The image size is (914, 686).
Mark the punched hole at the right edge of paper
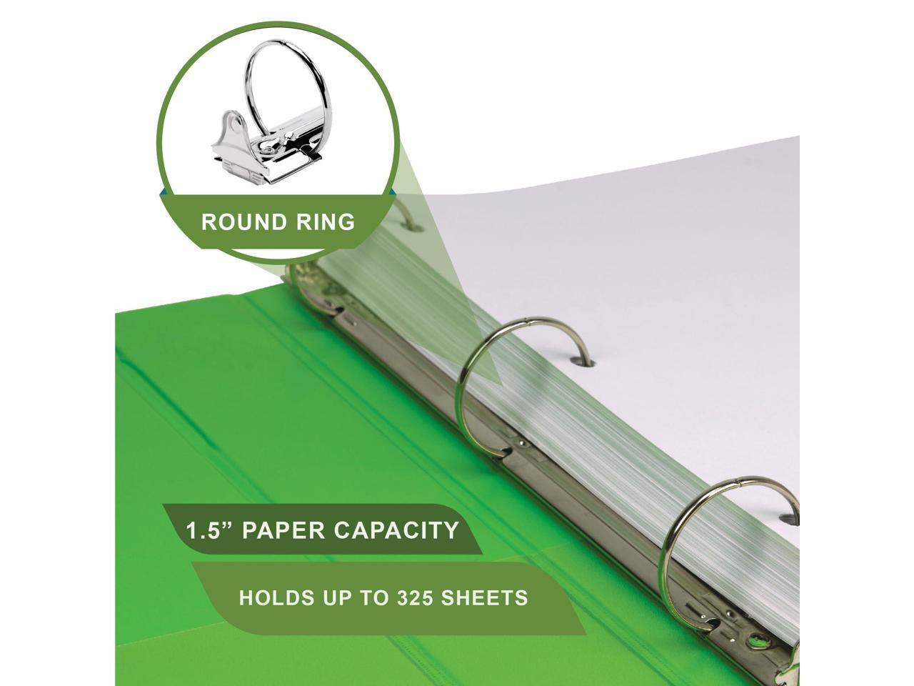tap(788, 517)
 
